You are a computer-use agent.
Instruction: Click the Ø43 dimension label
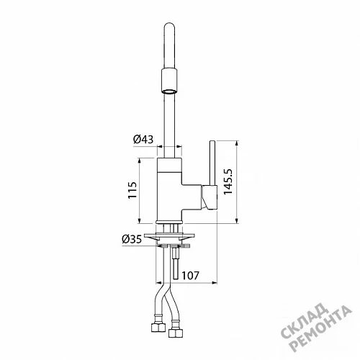click(143, 139)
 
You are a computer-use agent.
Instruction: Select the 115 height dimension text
click(132, 190)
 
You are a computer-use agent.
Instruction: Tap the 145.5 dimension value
click(228, 181)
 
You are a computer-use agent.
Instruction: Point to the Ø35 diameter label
click(132, 239)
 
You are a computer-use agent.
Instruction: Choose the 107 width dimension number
click(190, 276)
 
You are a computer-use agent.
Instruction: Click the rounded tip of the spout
click(169, 26)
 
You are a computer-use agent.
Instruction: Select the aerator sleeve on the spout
click(169, 81)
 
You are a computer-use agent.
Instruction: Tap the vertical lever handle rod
click(212, 163)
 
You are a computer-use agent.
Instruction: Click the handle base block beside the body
click(210, 197)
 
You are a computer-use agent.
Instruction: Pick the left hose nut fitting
click(158, 327)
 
